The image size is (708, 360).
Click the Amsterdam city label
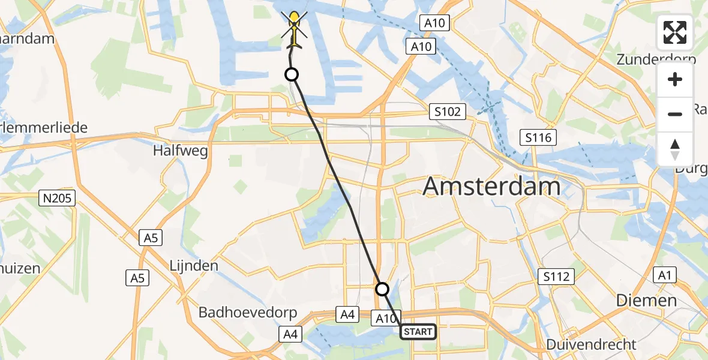[x=491, y=187]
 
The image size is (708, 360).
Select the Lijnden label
[x=193, y=265]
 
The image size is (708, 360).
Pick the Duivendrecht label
[x=592, y=344]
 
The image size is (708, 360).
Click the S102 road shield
[x=448, y=112]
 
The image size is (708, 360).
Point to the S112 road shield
[x=556, y=277]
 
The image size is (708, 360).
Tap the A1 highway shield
[x=663, y=275]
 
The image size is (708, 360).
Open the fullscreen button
[x=675, y=32]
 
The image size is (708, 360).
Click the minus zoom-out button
[x=675, y=114]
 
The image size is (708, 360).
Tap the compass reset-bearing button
[x=675, y=149]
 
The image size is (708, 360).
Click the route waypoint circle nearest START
[x=382, y=289]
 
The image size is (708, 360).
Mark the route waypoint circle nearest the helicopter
[x=291, y=74]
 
